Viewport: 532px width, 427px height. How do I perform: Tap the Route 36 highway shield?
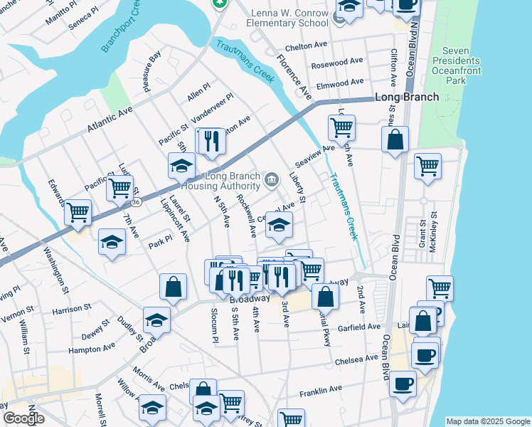[x=135, y=202]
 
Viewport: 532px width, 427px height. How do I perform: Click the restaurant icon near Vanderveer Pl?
[x=211, y=142]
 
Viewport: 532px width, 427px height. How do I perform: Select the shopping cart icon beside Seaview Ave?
[x=341, y=128]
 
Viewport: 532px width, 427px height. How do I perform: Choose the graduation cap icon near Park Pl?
[x=112, y=242]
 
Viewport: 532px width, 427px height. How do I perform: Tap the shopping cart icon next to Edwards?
[x=78, y=212]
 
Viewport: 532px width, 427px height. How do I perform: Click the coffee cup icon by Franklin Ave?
[x=403, y=384]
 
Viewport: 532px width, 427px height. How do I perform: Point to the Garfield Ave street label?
[x=359, y=327]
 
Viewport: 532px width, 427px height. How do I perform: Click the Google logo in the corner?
[x=23, y=418]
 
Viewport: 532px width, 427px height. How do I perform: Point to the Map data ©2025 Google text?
[x=488, y=421]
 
